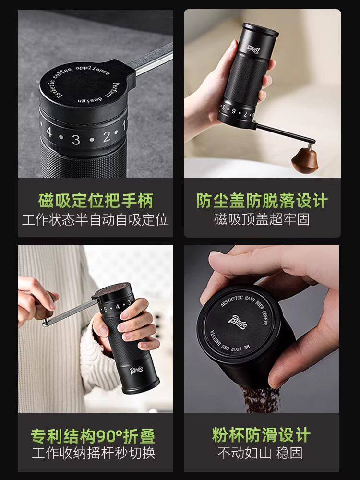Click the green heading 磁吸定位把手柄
tap(96, 201)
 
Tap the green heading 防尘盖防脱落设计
tap(262, 201)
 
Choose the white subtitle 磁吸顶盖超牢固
tap(262, 220)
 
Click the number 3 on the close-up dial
tap(76, 140)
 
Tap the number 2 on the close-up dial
tap(106, 136)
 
